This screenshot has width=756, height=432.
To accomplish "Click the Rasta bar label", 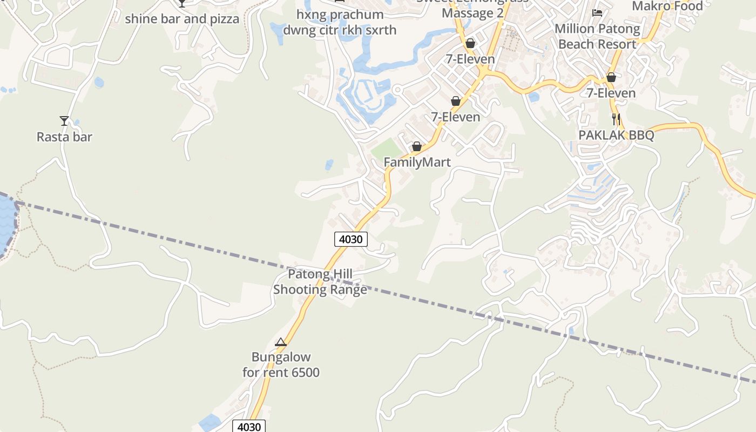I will coord(64,137).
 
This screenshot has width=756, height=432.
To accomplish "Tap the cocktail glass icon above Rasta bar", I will coord(64,121).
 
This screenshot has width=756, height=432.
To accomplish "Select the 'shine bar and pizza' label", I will coord(182,19).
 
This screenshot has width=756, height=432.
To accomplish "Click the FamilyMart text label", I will coord(417,162).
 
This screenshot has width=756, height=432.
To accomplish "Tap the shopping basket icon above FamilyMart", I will coord(417,146).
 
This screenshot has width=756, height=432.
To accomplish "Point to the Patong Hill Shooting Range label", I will coord(320,282).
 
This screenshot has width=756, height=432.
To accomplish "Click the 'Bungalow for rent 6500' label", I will coord(281,364).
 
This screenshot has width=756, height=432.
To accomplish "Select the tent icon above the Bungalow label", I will coord(280,342).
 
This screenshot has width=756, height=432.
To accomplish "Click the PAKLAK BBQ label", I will coord(616,136).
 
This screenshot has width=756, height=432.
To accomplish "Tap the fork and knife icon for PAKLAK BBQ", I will coord(616,119).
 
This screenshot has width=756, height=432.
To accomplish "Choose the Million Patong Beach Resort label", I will coord(597,36).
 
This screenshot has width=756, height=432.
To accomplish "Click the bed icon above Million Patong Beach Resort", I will coord(597,12).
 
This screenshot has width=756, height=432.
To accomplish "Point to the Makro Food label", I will coord(667,6).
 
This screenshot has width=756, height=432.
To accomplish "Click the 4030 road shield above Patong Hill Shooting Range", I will coord(350,239).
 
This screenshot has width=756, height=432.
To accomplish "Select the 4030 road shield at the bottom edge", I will coord(249,427).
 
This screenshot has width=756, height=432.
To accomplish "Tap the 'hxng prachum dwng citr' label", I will coord(340,22).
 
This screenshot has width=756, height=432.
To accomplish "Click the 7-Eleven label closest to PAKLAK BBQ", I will coord(611,93).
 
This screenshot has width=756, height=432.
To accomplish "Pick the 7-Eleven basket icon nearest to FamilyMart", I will coord(456,101).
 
